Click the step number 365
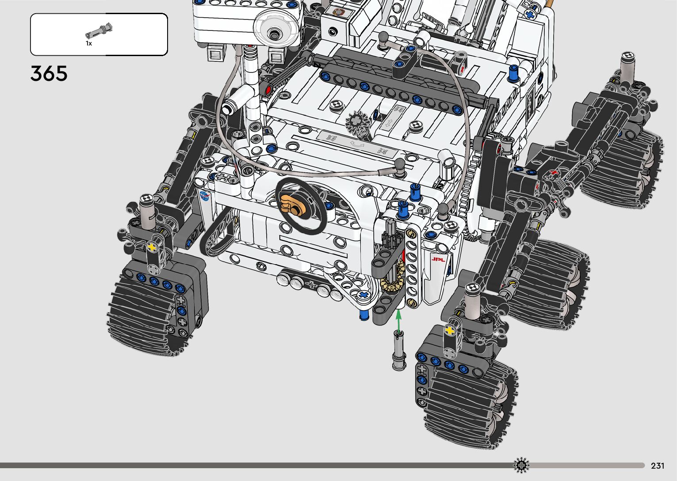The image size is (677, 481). click(49, 73)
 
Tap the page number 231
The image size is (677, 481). click(658, 466)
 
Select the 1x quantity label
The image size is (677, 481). click(88, 43)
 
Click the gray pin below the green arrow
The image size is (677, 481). click(399, 350)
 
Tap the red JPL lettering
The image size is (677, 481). click(438, 259)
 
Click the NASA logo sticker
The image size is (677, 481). click(205, 196)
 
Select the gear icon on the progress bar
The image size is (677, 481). click(521, 465)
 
